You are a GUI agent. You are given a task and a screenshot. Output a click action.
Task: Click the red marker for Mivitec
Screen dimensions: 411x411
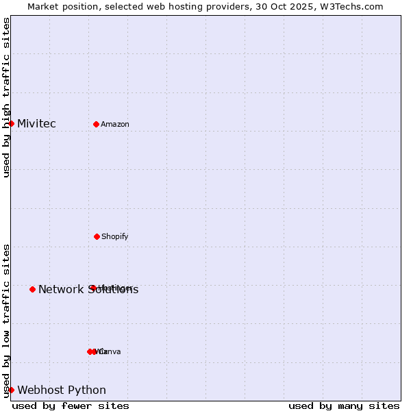tap(11, 123)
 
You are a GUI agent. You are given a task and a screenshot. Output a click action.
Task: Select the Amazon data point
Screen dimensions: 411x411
tap(96, 124)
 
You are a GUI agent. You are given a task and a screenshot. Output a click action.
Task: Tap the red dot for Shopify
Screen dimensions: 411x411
tap(97, 236)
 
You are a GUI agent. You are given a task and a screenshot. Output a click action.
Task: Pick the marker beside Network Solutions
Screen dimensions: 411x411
tap(32, 289)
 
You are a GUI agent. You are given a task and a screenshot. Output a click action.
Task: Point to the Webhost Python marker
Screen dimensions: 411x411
tap(11, 390)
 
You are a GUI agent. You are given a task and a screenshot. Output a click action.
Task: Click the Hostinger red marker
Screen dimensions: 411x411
tap(92, 288)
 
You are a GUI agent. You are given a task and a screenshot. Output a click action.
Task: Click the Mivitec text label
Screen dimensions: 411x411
tap(36, 124)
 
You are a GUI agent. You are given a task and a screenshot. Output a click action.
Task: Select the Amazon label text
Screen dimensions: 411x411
tap(115, 125)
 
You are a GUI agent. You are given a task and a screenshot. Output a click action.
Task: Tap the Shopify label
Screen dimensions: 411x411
tap(115, 237)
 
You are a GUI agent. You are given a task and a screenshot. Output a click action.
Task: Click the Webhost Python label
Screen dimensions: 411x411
tap(62, 390)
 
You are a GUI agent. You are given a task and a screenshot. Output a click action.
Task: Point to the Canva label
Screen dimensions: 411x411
tap(110, 352)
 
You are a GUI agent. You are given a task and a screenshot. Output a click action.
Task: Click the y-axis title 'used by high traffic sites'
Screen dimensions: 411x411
tap(6, 97)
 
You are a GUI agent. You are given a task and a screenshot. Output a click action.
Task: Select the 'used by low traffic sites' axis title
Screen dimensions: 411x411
tap(6, 321)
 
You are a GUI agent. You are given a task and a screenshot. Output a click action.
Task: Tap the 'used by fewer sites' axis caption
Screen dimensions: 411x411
tap(71, 406)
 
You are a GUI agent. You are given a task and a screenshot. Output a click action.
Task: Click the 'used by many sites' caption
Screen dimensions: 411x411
tap(344, 406)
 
